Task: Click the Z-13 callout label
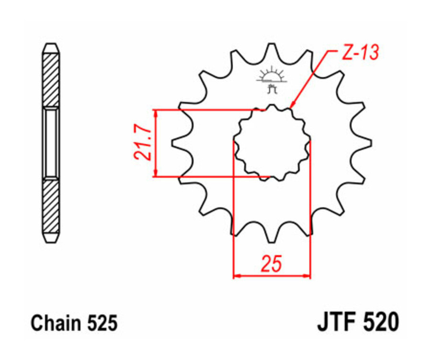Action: point(360,53)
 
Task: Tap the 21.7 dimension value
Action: point(142,143)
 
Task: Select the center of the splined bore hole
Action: point(272,142)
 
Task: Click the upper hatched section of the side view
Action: point(51,79)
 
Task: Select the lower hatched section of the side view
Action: point(51,206)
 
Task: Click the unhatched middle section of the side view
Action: point(51,143)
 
